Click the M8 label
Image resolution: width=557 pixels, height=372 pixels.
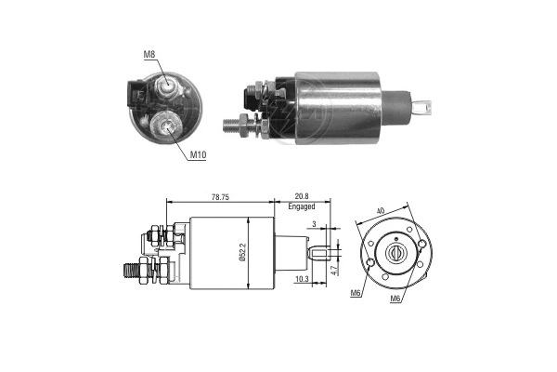click(149, 55)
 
